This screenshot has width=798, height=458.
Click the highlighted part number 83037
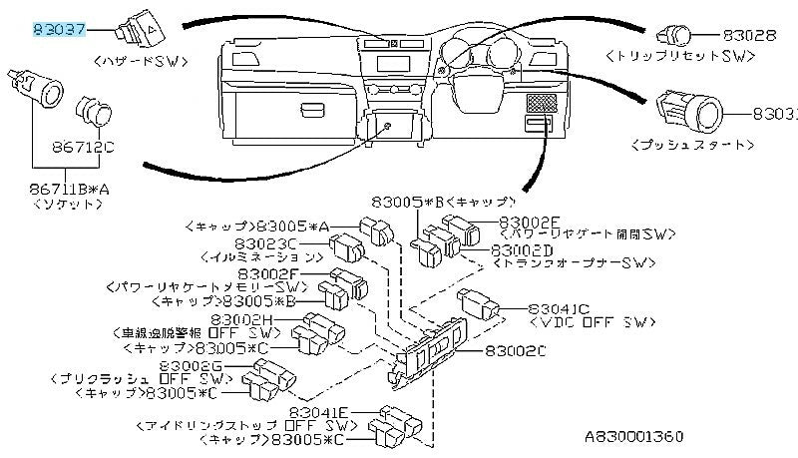(60, 30)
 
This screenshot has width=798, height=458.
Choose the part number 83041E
(319, 410)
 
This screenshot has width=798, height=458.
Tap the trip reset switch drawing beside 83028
(680, 35)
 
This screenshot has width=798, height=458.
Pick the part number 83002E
(530, 221)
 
